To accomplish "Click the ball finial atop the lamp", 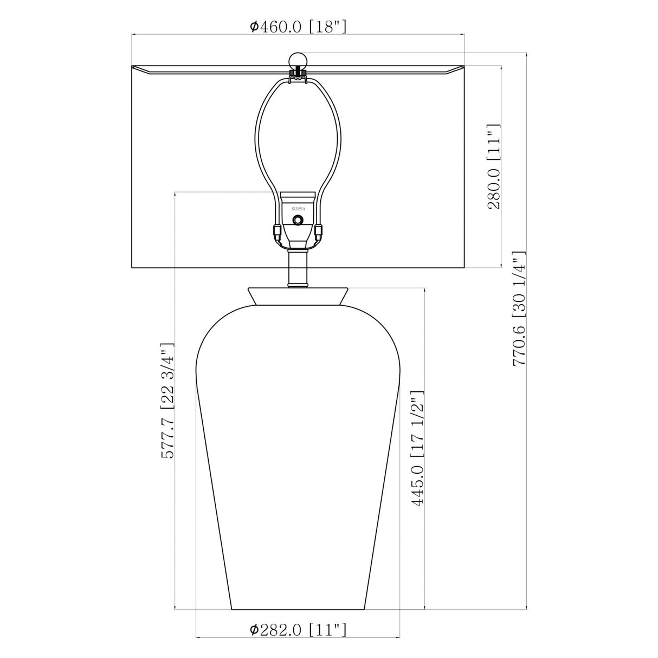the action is coord(298,61).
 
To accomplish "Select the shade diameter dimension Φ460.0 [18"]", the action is coord(298,26).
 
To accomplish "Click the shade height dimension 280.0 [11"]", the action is coord(494,166).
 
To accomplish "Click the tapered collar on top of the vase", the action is coord(298,296).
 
